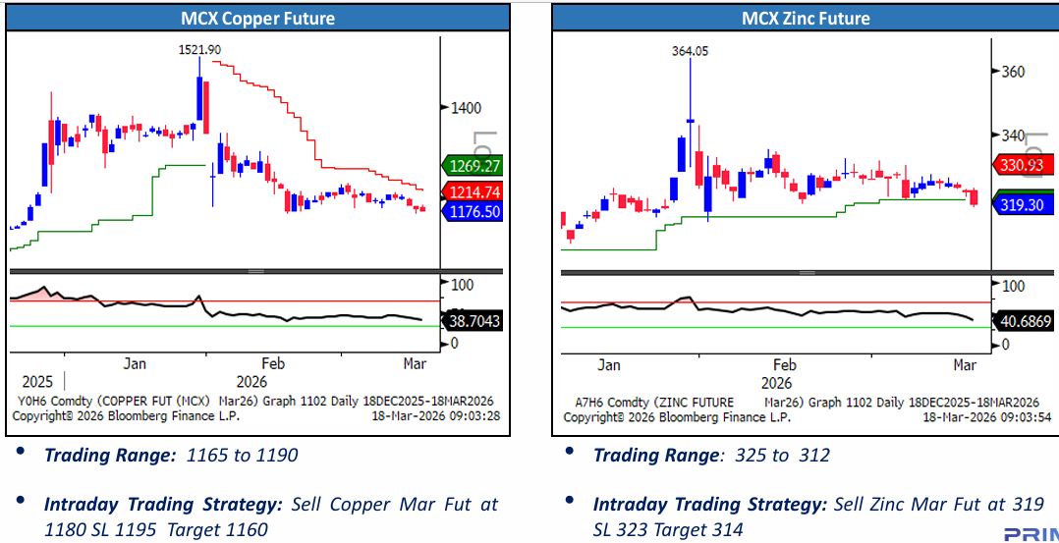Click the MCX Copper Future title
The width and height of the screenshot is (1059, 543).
(x=257, y=19)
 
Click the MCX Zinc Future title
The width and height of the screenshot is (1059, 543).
(x=805, y=19)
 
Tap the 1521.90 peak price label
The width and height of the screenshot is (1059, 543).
(x=199, y=49)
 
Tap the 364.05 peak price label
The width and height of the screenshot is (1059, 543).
(x=690, y=50)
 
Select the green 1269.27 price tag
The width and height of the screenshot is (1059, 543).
(x=473, y=165)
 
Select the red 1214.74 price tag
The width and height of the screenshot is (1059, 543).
(x=473, y=191)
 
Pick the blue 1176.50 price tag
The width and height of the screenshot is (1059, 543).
(x=473, y=211)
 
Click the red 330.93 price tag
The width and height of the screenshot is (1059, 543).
(x=1022, y=164)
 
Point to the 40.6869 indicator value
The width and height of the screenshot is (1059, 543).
(x=1026, y=320)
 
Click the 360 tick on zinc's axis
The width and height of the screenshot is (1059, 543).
(x=1013, y=72)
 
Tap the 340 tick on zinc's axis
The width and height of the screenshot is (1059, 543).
(x=1013, y=136)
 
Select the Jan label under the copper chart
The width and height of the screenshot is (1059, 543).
(x=135, y=363)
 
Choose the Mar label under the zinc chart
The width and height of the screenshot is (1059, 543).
(x=965, y=364)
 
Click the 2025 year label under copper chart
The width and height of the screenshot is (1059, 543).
(x=37, y=381)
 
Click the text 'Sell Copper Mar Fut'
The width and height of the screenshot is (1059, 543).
(x=382, y=504)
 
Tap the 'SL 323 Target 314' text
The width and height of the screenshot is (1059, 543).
(x=668, y=529)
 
